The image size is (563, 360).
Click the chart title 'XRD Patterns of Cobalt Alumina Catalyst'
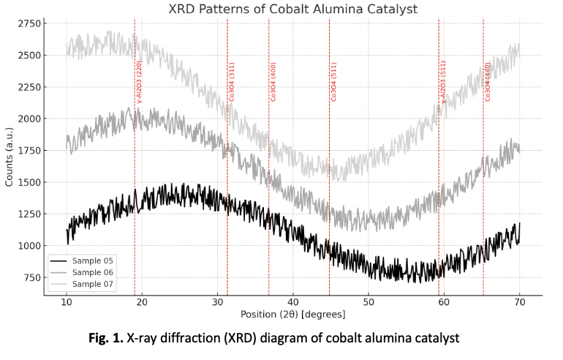(x=292, y=9)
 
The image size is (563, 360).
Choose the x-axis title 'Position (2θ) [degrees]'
(x=292, y=315)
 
